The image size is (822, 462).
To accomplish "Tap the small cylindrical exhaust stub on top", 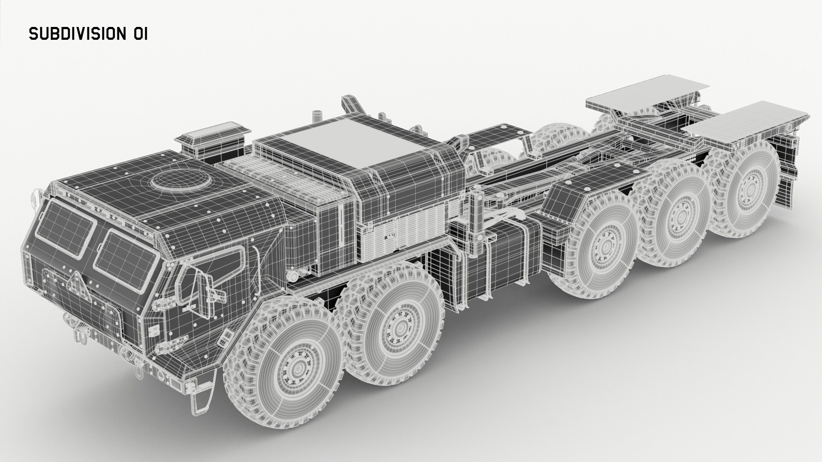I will point(317,116).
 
